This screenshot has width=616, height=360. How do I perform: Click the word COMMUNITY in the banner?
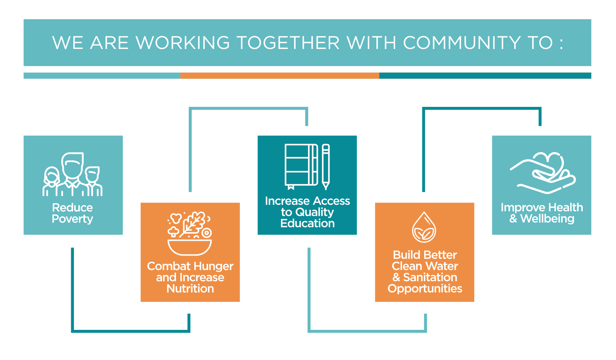462,42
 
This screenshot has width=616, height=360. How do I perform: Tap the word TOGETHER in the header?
288,42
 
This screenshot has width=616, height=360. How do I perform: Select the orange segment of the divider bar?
280,76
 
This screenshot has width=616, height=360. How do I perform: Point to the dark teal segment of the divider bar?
485,76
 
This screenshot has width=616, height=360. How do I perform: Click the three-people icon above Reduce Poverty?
72,174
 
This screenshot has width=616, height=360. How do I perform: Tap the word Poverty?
72,219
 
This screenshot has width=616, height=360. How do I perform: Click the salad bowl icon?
190,233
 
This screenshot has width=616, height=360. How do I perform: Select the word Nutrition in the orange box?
190,289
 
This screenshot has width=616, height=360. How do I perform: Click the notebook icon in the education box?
302,167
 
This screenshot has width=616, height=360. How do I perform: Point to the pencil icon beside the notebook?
326,167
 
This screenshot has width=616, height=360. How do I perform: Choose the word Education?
307,223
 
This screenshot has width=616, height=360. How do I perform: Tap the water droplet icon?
424,227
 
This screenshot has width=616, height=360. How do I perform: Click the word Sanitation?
430,277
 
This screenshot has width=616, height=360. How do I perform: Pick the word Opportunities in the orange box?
425,289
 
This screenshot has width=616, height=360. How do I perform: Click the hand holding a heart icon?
543,173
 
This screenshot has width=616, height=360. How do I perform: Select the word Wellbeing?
547,219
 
